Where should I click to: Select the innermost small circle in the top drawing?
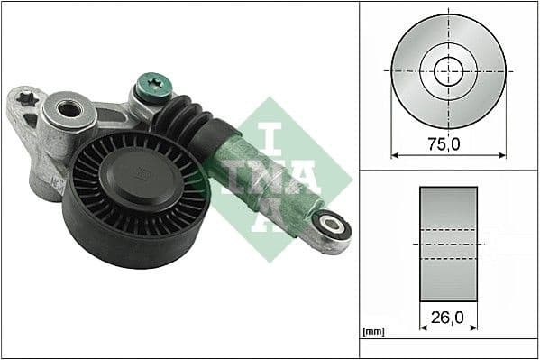[x=448, y=69]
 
